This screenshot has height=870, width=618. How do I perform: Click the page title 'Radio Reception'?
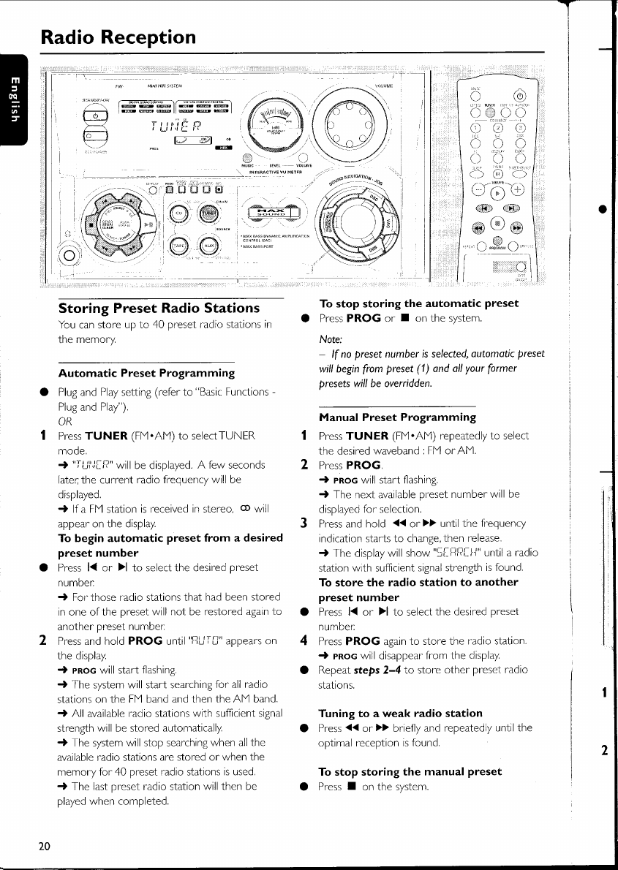point(118,37)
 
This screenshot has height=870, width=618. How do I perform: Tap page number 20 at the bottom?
point(45,846)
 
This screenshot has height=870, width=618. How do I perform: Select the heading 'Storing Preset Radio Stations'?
point(159,308)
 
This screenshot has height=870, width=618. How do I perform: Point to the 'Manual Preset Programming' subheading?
point(398,417)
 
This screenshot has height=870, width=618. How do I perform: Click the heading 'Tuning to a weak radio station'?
point(401,713)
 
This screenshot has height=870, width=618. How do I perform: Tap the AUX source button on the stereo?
point(210,246)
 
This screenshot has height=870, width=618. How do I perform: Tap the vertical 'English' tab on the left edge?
point(12,99)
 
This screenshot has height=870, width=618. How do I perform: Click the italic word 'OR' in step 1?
point(65,421)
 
